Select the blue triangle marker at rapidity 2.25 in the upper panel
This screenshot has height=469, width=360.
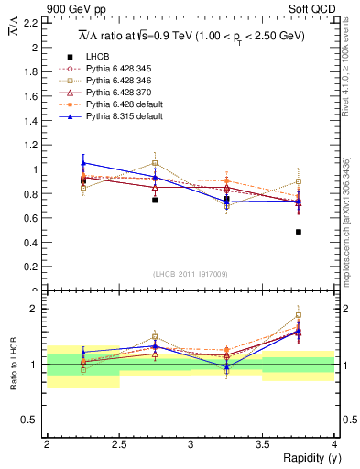83,162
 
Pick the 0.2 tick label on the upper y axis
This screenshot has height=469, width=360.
32,267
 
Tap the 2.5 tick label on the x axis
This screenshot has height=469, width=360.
118,444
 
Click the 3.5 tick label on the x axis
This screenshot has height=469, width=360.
262,444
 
